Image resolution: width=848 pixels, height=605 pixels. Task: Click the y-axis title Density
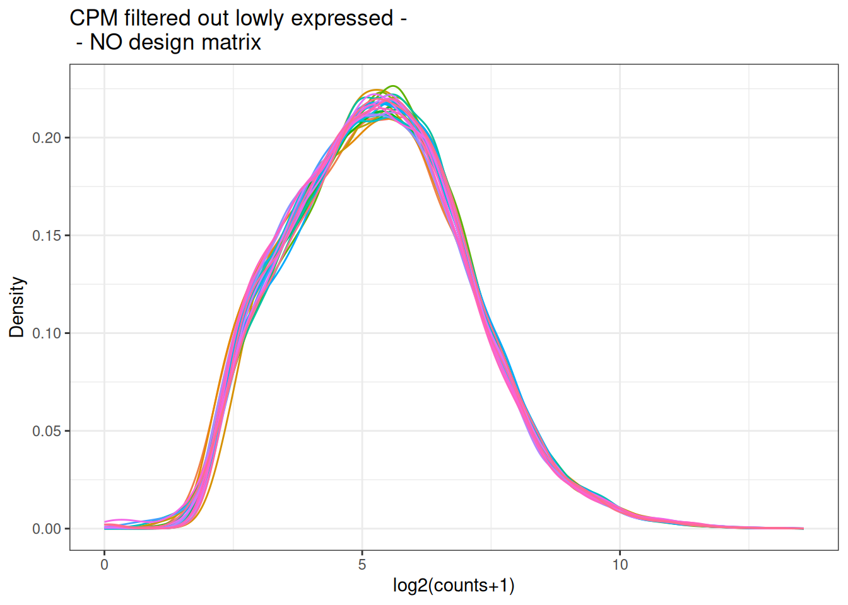17,307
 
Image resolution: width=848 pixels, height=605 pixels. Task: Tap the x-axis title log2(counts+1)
453,585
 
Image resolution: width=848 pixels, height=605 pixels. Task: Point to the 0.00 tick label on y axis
47,529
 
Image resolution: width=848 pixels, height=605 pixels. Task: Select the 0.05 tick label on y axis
47,431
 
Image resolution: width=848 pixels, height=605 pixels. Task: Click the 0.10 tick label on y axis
47,333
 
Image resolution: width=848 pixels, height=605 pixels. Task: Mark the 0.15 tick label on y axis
47,236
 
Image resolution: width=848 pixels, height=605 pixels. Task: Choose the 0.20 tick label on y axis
47,138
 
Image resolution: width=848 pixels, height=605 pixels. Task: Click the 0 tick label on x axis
105,565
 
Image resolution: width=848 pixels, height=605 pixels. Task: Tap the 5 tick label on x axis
362,565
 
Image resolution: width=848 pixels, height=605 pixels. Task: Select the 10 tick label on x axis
620,565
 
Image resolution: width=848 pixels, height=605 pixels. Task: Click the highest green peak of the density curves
394,86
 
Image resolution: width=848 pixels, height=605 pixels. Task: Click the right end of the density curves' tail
803,528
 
